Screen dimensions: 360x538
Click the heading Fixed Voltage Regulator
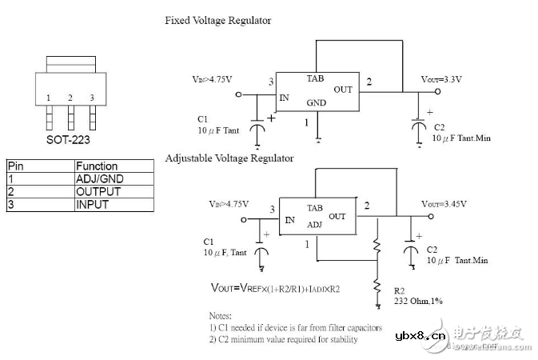217,21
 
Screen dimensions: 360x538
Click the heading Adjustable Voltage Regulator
229,158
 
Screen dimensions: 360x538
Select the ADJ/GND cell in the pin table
100,179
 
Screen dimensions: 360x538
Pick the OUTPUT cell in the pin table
98,192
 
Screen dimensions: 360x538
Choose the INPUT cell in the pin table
93,204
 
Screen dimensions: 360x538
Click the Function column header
97,166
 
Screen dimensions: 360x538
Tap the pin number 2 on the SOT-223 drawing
70,98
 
